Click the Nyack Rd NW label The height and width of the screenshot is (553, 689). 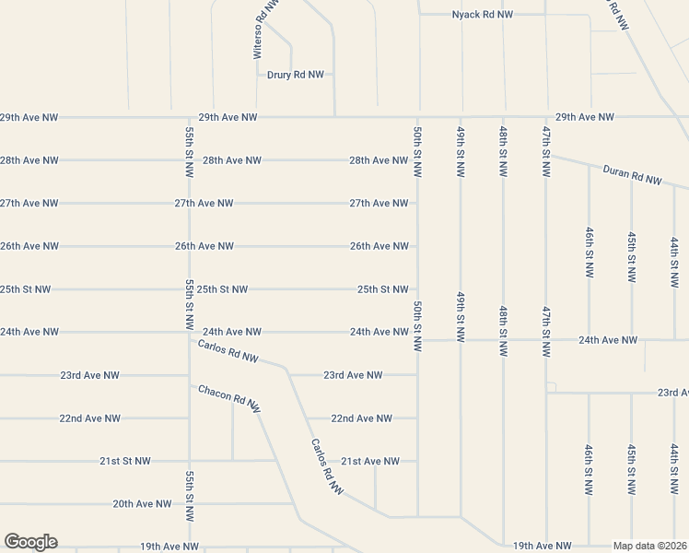(x=482, y=15)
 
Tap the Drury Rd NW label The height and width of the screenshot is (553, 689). (x=296, y=75)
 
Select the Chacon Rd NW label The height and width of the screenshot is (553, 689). (x=229, y=397)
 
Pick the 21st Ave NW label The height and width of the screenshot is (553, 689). (x=370, y=461)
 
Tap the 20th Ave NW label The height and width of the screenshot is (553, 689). (x=142, y=503)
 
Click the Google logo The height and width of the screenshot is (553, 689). (x=30, y=542)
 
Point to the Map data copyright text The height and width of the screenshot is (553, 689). (x=650, y=546)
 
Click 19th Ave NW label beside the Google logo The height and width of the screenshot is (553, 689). (x=169, y=547)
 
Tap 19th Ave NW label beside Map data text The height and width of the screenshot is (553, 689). (x=542, y=546)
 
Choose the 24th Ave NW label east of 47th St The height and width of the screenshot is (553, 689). (x=607, y=340)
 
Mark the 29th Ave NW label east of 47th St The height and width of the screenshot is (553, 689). (x=584, y=117)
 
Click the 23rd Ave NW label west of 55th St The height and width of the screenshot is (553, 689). (x=89, y=375)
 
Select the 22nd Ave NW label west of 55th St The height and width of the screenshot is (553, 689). (x=89, y=418)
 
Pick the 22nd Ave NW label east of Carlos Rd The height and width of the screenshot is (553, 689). (x=361, y=418)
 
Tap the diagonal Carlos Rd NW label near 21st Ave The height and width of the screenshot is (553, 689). (x=327, y=465)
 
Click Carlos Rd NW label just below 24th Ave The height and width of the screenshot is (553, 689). (x=228, y=351)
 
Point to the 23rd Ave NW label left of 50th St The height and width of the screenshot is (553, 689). (x=352, y=375)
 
